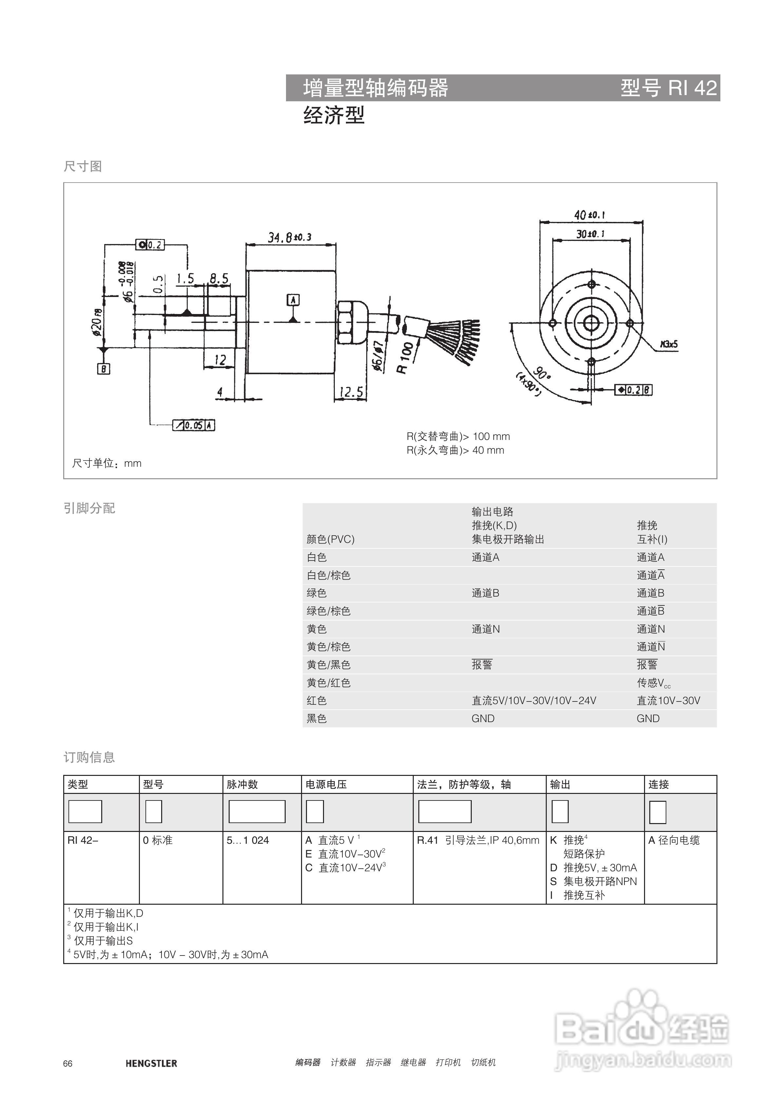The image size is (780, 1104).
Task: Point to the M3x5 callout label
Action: (669, 344)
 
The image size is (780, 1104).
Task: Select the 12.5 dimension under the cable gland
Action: (351, 392)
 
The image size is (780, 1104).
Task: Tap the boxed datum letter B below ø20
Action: (103, 369)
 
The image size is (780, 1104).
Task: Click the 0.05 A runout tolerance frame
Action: (194, 425)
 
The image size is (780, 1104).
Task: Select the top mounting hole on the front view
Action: (592, 284)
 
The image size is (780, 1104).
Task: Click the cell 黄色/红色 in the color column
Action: (329, 683)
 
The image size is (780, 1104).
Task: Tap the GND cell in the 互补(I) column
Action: (648, 719)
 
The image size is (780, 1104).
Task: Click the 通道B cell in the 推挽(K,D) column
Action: (485, 593)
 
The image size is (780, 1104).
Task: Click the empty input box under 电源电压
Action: (315, 812)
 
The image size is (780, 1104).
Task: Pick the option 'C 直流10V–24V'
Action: (346, 868)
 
